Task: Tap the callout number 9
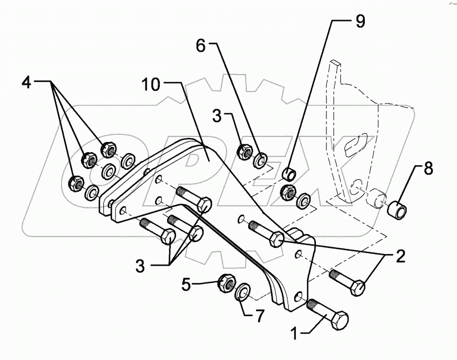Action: [360, 22]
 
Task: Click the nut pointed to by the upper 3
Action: [244, 150]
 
